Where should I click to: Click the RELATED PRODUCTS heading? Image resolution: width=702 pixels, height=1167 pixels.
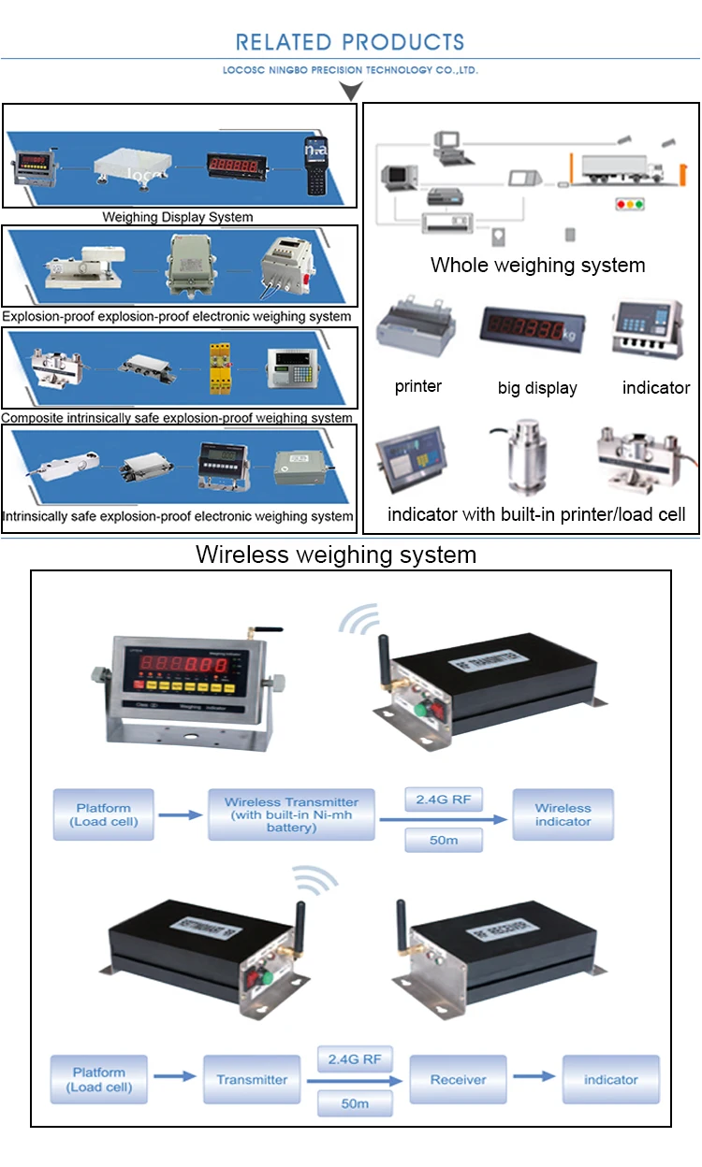pyautogui.click(x=350, y=42)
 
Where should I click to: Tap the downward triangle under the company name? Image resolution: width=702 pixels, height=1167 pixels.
pyautogui.click(x=350, y=91)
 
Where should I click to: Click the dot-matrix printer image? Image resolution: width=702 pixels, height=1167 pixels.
pyautogui.click(x=417, y=333)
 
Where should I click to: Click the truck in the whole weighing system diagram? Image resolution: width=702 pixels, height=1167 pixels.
pyautogui.click(x=619, y=169)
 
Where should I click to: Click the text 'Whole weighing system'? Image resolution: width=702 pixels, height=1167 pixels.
pyautogui.click(x=537, y=265)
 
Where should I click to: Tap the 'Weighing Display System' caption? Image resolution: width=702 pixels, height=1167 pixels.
pyautogui.click(x=178, y=217)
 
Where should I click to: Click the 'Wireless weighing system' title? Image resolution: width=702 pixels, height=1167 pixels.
pyautogui.click(x=336, y=555)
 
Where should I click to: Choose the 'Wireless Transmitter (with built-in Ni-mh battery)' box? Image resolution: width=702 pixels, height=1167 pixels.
pyautogui.click(x=291, y=814)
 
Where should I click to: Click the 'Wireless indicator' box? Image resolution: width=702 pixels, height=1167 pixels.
pyautogui.click(x=563, y=814)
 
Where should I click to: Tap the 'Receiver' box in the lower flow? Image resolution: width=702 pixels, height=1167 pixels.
pyautogui.click(x=458, y=1079)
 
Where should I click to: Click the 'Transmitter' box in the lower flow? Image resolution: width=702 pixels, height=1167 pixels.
pyautogui.click(x=252, y=1079)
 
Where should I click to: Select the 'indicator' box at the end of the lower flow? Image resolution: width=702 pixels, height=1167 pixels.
pyautogui.click(x=610, y=1079)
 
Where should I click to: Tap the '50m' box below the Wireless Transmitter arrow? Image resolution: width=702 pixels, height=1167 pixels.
pyautogui.click(x=444, y=841)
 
